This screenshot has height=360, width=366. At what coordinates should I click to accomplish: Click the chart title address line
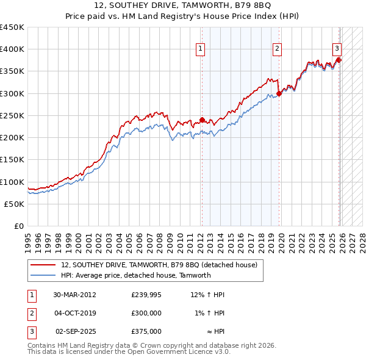tap(183, 7)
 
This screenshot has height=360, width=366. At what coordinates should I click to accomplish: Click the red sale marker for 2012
tap(202, 120)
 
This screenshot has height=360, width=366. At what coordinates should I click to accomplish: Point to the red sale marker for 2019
tap(279, 93)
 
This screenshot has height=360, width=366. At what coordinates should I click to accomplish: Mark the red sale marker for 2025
tap(339, 60)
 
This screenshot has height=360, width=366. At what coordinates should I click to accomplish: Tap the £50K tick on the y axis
tap(14, 204)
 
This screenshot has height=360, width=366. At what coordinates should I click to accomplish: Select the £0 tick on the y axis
tap(19, 226)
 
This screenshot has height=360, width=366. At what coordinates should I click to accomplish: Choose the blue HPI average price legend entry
tap(135, 275)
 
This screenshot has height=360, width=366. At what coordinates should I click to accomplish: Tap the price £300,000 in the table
tap(146, 313)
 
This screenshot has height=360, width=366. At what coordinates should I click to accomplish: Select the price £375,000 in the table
tap(146, 331)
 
